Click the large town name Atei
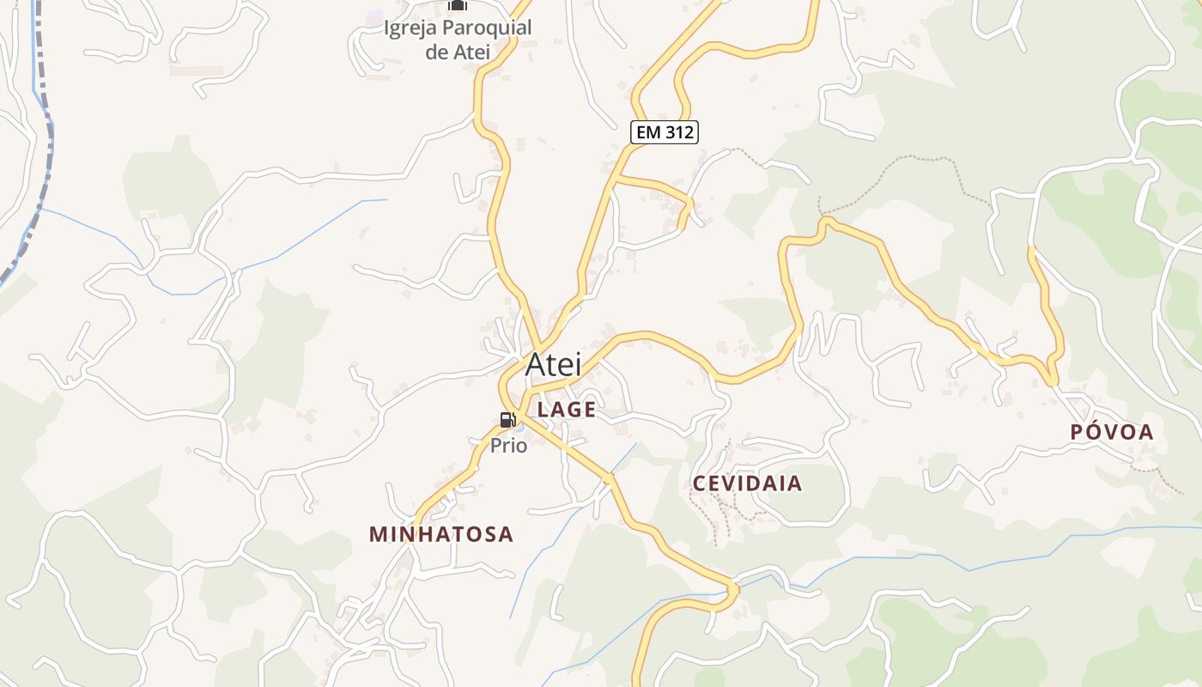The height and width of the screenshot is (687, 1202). click(x=553, y=364)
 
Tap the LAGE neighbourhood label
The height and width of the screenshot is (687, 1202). click(x=567, y=410)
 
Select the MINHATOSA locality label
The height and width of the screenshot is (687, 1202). click(x=441, y=534)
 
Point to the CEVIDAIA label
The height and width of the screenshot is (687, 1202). click(x=747, y=483)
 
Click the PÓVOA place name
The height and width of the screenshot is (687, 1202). click(x=1112, y=433)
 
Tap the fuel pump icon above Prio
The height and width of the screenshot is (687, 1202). click(x=507, y=420)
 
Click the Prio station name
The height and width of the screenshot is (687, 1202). click(x=508, y=446)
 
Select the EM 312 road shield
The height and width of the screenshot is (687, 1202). click(x=664, y=132)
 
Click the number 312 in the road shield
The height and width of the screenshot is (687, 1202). click(x=677, y=132)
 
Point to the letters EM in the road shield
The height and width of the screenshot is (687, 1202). click(x=647, y=132)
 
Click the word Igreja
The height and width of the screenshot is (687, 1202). click(x=410, y=28)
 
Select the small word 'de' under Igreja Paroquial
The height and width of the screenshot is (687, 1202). click(x=436, y=52)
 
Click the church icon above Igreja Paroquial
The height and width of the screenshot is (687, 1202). click(x=458, y=5)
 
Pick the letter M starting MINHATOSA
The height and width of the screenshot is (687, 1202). click(x=378, y=534)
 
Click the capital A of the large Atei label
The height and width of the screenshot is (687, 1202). click(x=535, y=364)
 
